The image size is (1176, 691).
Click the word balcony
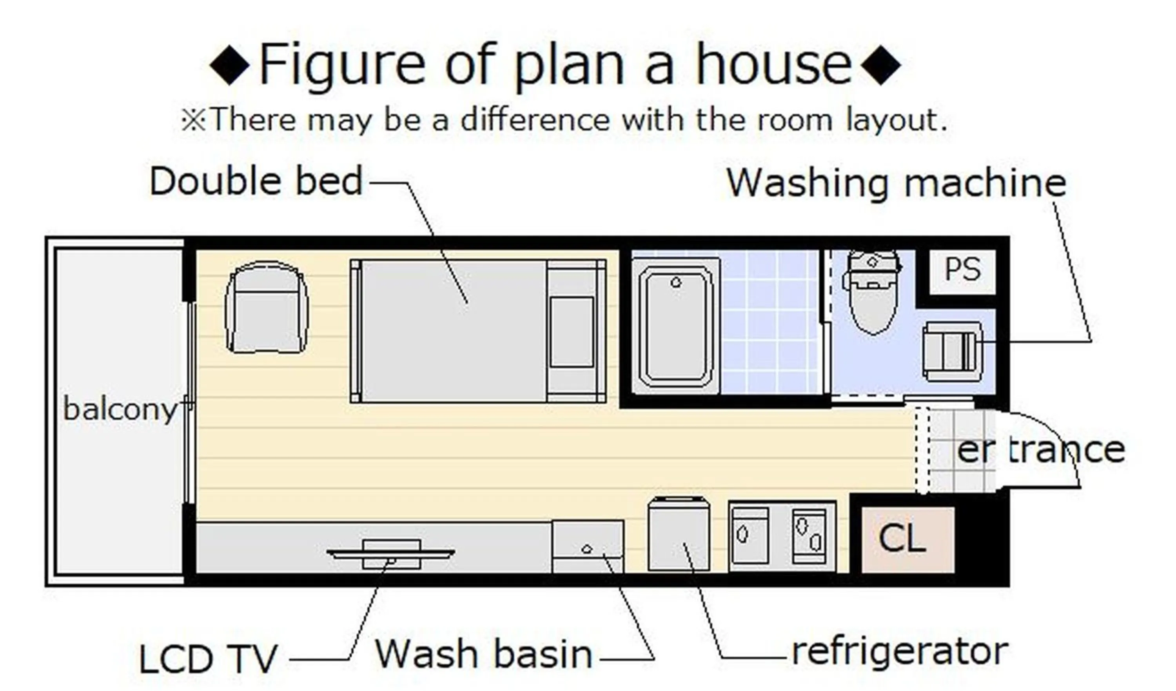click(120, 409)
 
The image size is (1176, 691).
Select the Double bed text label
click(256, 181)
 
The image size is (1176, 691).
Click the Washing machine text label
click(896, 183)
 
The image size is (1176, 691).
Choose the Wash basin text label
click(483, 654)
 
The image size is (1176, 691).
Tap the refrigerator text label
click(900, 652)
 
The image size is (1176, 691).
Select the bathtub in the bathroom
click(676, 327)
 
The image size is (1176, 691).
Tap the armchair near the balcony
click(267, 308)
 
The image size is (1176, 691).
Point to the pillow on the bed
click(571, 331)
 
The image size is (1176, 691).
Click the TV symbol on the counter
click(391, 554)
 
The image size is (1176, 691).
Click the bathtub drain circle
click(676, 282)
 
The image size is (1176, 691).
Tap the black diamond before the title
click(229, 64)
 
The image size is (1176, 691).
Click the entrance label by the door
click(1041, 450)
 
